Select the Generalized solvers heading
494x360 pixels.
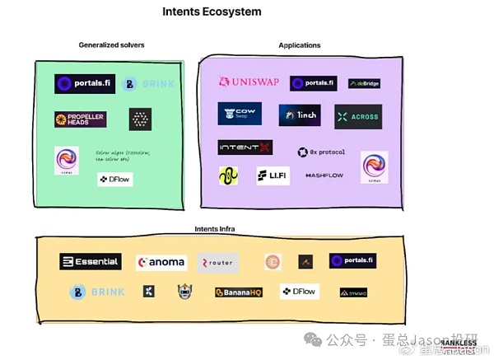111,44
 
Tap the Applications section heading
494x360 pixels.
300,45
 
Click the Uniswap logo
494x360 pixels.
247,82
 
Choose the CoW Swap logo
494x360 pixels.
240,114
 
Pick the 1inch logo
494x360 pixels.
300,115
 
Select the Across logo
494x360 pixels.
358,116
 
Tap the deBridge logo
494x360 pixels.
364,83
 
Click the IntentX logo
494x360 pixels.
245,147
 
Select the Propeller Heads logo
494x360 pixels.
81,119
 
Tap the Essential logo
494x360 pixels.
91,262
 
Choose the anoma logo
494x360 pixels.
162,263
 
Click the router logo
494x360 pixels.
217,263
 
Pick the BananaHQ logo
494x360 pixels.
238,292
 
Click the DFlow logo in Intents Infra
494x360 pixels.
299,291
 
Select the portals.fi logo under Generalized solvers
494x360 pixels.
85,83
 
